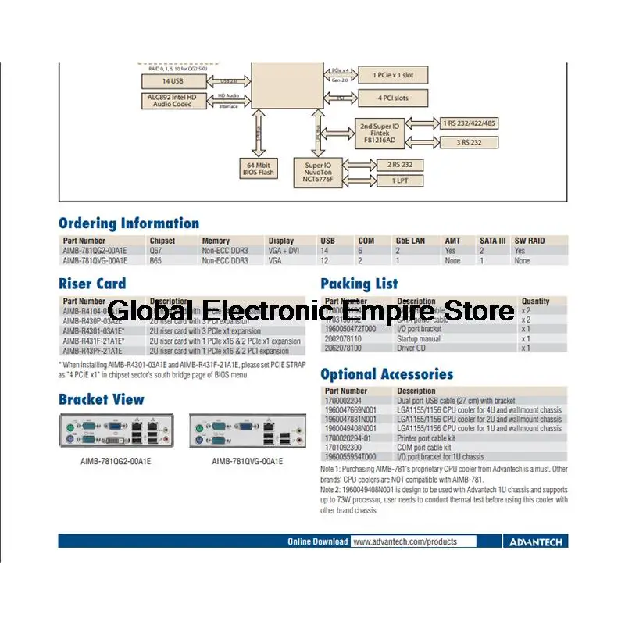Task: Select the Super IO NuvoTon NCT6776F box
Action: pos(319,172)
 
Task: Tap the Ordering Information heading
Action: pos(129,223)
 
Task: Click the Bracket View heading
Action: pos(102,399)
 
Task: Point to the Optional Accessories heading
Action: pos(387,374)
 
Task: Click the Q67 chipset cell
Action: pos(156,251)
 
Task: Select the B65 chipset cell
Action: pos(156,261)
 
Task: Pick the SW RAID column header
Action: pos(530,241)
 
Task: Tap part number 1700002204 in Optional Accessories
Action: pos(346,400)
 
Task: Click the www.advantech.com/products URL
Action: pos(404,541)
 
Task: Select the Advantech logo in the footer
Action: pos(537,541)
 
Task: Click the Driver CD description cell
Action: pos(413,348)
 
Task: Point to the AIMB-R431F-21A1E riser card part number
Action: pos(92,341)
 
